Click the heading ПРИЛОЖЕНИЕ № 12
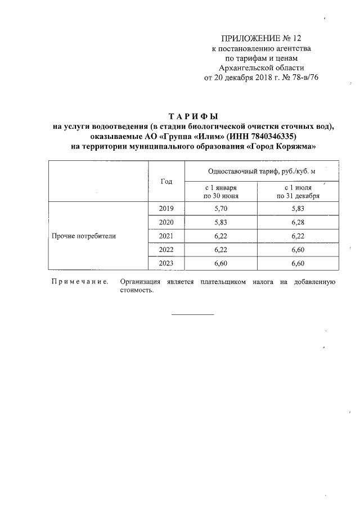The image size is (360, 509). [261, 38]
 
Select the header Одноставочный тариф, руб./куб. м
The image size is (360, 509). [258, 171]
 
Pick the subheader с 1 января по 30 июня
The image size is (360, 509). [221, 192]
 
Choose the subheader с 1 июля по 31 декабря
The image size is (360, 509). [298, 192]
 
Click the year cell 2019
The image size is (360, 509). [166, 209]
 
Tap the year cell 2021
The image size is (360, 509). [166, 236]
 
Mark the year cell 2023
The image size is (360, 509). [166, 263]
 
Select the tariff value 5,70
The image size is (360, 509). [221, 209]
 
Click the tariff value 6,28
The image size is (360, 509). [298, 222]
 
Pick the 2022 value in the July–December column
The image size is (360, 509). [298, 249]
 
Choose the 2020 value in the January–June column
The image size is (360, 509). [221, 222]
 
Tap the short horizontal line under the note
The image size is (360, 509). [192, 314]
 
